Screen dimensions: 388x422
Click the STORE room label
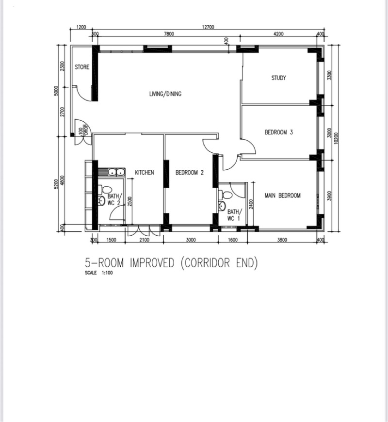[x=82, y=67]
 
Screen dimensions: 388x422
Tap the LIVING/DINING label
[x=165, y=94]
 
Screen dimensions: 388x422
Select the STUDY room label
[x=278, y=78]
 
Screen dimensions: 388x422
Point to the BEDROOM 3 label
[x=279, y=132]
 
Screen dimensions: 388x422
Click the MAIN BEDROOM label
[x=283, y=195]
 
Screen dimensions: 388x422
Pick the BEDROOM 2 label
[x=190, y=173]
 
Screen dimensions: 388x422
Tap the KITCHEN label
[x=145, y=173]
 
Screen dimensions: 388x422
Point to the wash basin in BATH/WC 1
[x=222, y=206]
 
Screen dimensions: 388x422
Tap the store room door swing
[x=82, y=94]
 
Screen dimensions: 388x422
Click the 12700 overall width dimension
[x=208, y=27]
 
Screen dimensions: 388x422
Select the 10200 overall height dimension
[x=336, y=138]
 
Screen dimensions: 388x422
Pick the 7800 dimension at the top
[x=169, y=34]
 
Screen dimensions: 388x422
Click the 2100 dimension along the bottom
[x=144, y=240]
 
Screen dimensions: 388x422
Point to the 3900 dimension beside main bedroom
[x=330, y=195]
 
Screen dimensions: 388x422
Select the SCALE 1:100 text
[x=99, y=273]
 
